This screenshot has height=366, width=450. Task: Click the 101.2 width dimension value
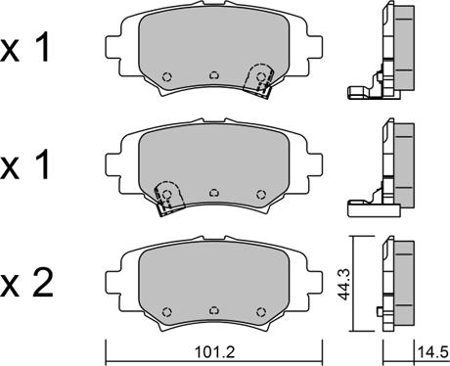pos(214,352)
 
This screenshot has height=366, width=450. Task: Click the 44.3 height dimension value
pos(344,285)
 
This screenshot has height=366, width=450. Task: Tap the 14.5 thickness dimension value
pos(432,352)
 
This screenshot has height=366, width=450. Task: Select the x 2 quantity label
pos(26,284)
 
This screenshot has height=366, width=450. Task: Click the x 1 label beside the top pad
pos(24,47)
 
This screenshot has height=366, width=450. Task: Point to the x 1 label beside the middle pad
pos(24,164)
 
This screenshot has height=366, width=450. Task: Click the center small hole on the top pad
pos(214,75)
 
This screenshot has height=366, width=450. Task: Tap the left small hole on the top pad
pos(167,76)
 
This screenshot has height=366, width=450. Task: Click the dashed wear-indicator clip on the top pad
pos(258,80)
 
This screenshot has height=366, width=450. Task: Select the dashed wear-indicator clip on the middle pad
pos(168,198)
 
